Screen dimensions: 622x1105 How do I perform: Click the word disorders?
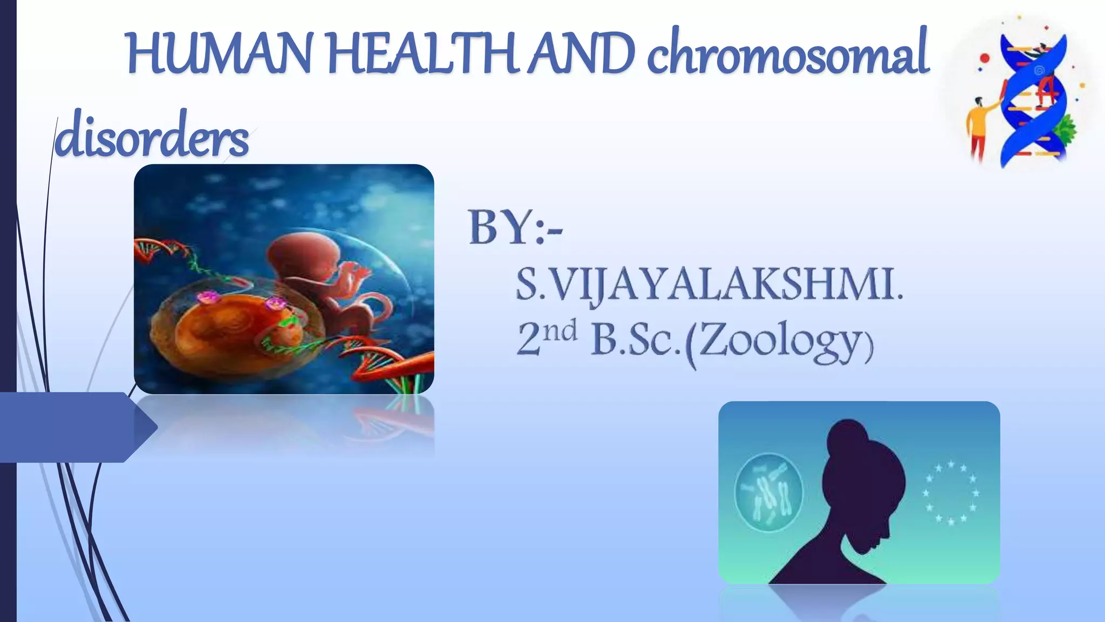coord(152,135)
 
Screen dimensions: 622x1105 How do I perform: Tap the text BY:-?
coord(515,228)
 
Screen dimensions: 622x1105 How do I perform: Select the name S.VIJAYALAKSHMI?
coord(708,285)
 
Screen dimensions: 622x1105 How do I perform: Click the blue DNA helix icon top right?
coord(1033,100)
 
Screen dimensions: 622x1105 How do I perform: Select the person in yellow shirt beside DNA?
coord(979,127)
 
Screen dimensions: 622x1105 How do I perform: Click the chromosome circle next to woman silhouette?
coord(768,492)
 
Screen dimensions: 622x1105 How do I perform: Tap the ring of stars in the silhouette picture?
coord(951,492)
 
